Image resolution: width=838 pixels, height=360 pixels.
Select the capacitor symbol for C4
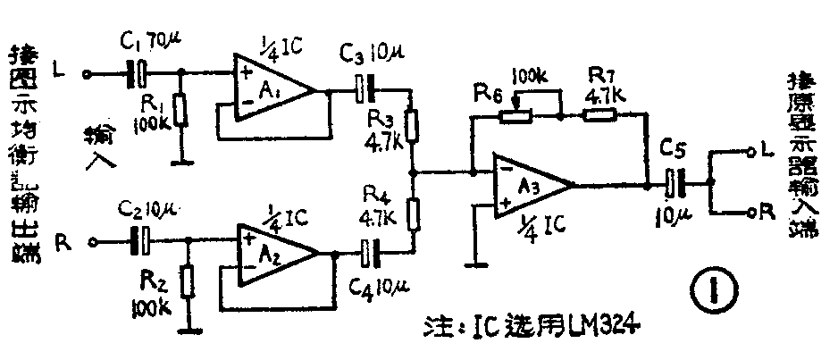pos(367,253)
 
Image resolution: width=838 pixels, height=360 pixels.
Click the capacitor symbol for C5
pos(675,185)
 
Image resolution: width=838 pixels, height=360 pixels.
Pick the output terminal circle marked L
pos(749,154)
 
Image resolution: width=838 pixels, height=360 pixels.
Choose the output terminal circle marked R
pos(749,213)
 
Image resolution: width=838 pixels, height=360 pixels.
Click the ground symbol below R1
pos(181,162)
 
